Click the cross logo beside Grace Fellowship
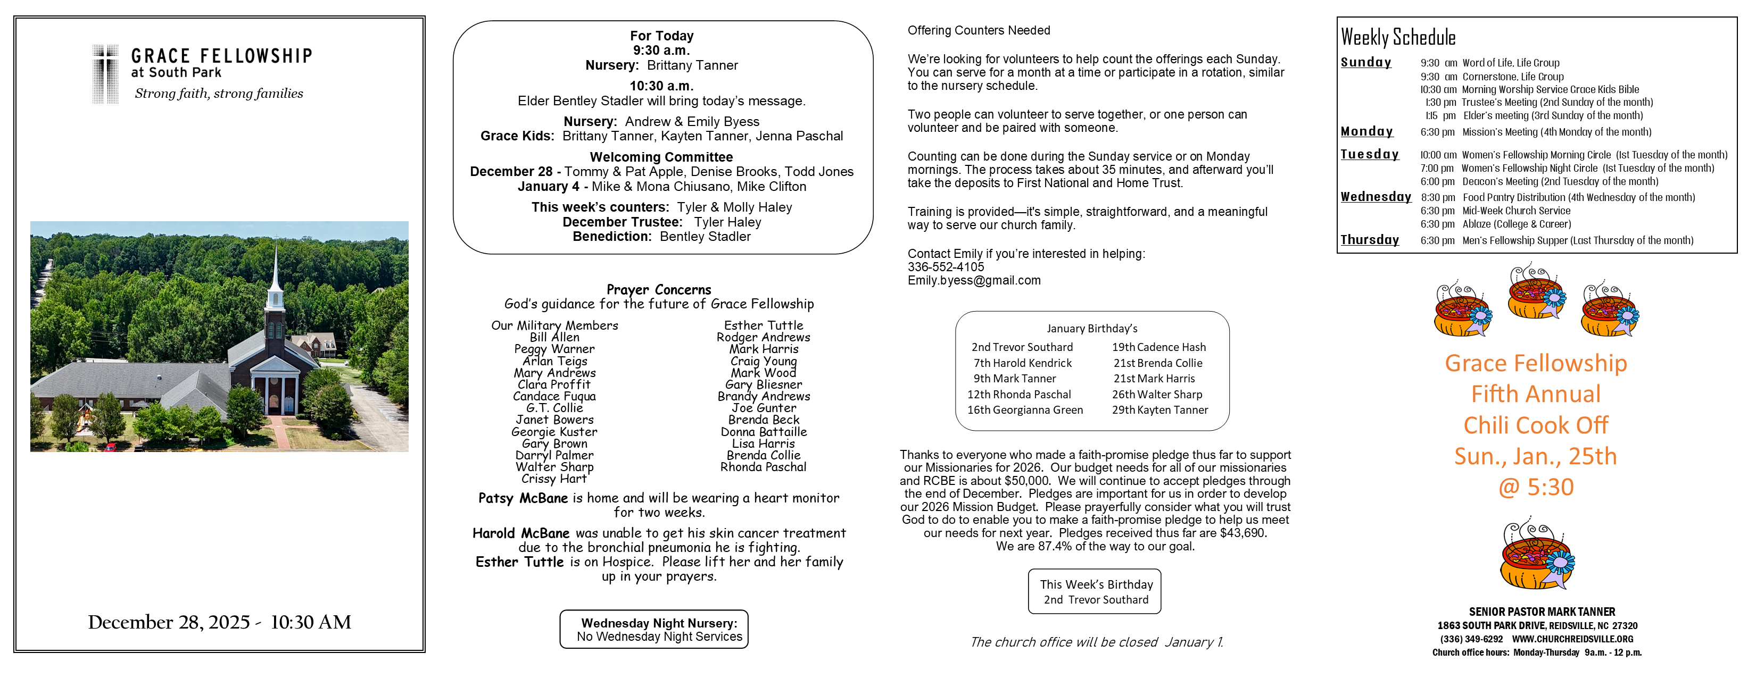pyautogui.click(x=106, y=73)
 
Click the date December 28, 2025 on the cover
pyautogui.click(x=168, y=622)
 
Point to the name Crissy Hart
pyautogui.click(x=553, y=479)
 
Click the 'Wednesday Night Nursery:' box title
pyautogui.click(x=659, y=623)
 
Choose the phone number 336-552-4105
pyautogui.click(x=946, y=267)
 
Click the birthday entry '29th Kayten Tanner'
pyautogui.click(x=1159, y=410)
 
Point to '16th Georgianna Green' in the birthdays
pyautogui.click(x=1024, y=410)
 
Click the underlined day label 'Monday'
pyautogui.click(x=1366, y=131)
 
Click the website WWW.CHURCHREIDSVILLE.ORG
pyautogui.click(x=1572, y=639)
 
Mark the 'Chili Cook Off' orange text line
pyautogui.click(x=1535, y=425)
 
